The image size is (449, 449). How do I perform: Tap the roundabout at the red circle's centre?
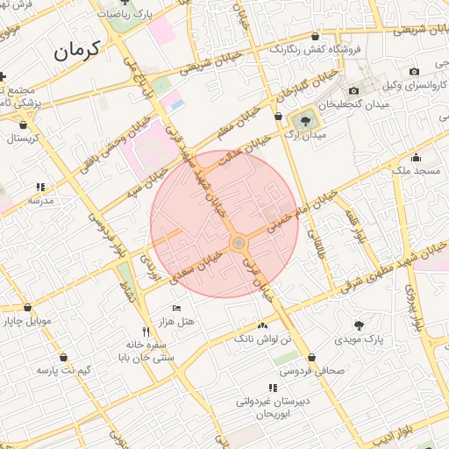pyautogui.click(x=238, y=243)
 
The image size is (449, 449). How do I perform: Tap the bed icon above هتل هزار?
pyautogui.click(x=177, y=308)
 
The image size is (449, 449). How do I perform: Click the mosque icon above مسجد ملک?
pyautogui.click(x=416, y=159)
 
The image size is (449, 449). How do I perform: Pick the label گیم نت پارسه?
pyautogui.click(x=63, y=370)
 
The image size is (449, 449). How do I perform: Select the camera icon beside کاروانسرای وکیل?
pyautogui.click(x=354, y=90)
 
